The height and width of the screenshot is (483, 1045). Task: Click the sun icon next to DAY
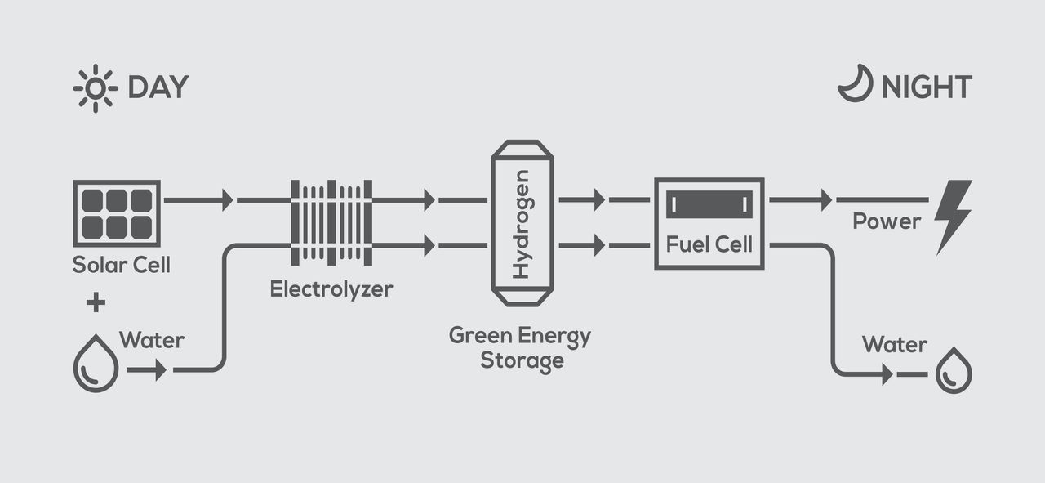coord(96,87)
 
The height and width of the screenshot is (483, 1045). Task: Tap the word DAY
coord(158,87)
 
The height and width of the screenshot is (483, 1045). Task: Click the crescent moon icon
coord(855,85)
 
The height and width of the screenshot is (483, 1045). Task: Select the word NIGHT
coord(927,87)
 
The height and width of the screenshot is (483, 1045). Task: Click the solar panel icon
coord(117,212)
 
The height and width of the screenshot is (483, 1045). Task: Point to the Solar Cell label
coord(121,266)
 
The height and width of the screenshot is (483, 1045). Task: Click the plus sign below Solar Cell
coord(96,304)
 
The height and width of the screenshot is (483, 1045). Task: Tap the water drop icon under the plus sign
coord(96,364)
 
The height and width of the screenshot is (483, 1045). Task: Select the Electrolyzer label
coord(331,288)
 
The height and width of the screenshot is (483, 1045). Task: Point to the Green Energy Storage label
coord(520,348)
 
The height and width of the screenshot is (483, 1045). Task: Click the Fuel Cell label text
coord(709,244)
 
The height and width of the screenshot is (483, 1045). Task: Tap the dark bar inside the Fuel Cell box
coord(709,204)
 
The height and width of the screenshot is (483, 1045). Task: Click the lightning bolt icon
coord(953,217)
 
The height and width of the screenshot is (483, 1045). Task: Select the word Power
coord(887,221)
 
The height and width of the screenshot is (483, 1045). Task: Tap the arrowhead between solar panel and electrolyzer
coord(227,199)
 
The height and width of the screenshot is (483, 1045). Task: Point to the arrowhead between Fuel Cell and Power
coord(826,199)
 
